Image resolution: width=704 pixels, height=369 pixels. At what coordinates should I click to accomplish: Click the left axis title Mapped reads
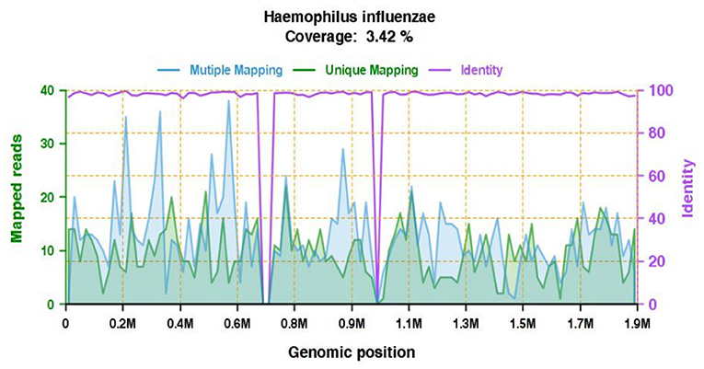click(x=17, y=197)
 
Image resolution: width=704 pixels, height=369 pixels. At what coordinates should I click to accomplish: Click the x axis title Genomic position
click(x=352, y=352)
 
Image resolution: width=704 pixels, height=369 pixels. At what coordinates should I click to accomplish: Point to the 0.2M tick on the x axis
click(x=122, y=324)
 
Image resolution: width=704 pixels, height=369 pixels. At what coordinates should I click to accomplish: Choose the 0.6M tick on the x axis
click(x=237, y=324)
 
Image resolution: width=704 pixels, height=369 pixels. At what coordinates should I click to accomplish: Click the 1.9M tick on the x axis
click(x=637, y=324)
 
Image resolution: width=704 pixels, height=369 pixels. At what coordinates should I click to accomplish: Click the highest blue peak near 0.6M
click(x=229, y=101)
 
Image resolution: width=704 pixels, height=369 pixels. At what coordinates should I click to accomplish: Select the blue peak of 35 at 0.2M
click(x=125, y=118)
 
